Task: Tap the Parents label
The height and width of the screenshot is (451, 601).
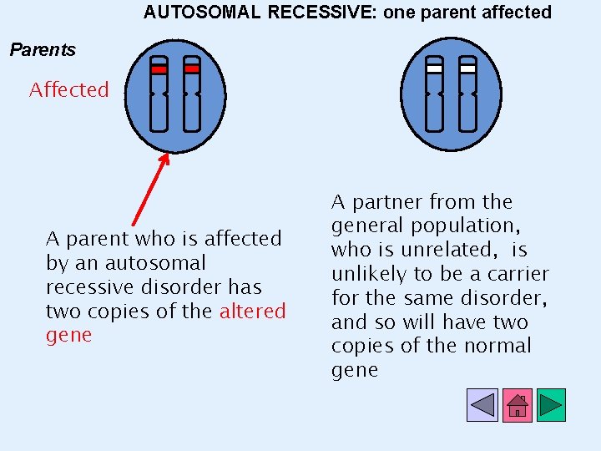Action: [43, 50]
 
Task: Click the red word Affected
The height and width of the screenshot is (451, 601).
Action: [69, 90]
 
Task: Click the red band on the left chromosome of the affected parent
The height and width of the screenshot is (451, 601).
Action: [159, 69]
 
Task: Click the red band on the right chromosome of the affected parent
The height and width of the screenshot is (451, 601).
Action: [192, 69]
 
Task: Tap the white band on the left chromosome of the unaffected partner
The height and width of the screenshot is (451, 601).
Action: [434, 69]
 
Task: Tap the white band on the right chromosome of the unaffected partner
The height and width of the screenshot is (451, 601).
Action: [467, 69]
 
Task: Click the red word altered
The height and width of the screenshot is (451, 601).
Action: [252, 312]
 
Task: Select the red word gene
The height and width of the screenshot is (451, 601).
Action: [68, 336]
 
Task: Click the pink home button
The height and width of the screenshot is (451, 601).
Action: [517, 405]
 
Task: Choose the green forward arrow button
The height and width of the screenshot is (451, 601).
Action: [551, 405]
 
